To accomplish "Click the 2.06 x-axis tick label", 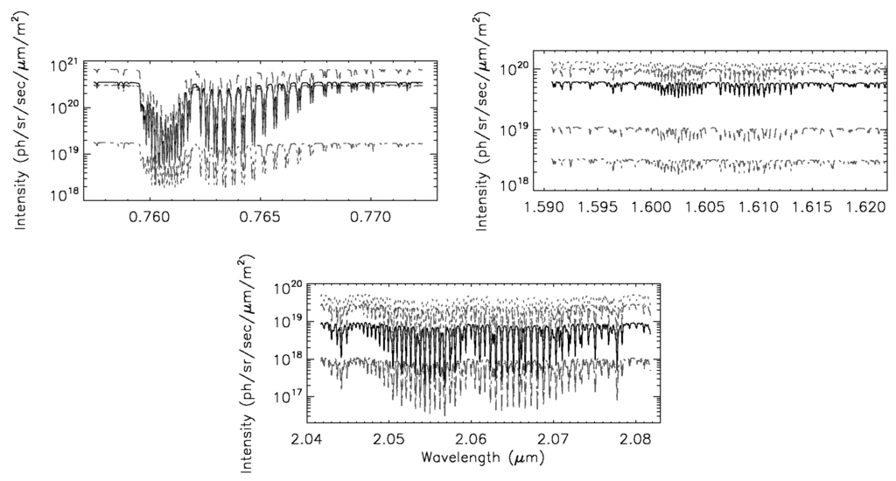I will pyautogui.click(x=472, y=438).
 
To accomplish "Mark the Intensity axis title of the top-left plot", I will pyautogui.click(x=20, y=129).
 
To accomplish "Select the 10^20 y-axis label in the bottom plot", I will pyautogui.click(x=290, y=287).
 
